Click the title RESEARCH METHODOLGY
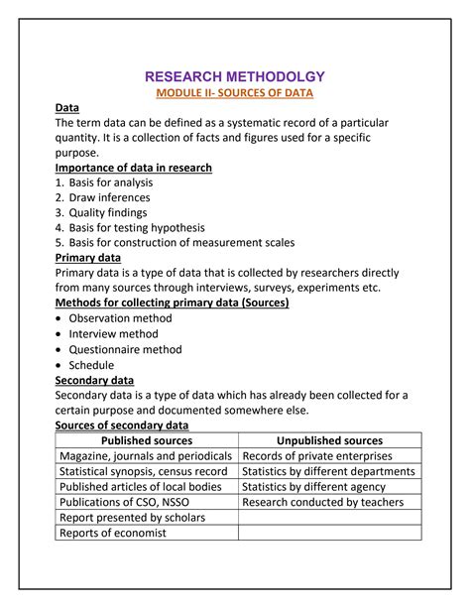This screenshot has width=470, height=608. [235, 76]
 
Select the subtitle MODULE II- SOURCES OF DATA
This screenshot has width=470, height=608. [235, 93]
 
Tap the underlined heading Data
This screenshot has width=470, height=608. [67, 108]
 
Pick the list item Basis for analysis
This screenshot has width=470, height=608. [96, 182]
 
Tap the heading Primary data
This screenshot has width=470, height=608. [88, 257]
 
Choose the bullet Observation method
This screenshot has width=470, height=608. [120, 318]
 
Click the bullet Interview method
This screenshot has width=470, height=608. [113, 334]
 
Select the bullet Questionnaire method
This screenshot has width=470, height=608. [125, 349]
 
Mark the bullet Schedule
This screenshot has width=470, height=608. [91, 364]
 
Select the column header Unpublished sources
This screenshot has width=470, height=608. [330, 440]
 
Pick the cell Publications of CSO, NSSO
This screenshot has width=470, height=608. [124, 502]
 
